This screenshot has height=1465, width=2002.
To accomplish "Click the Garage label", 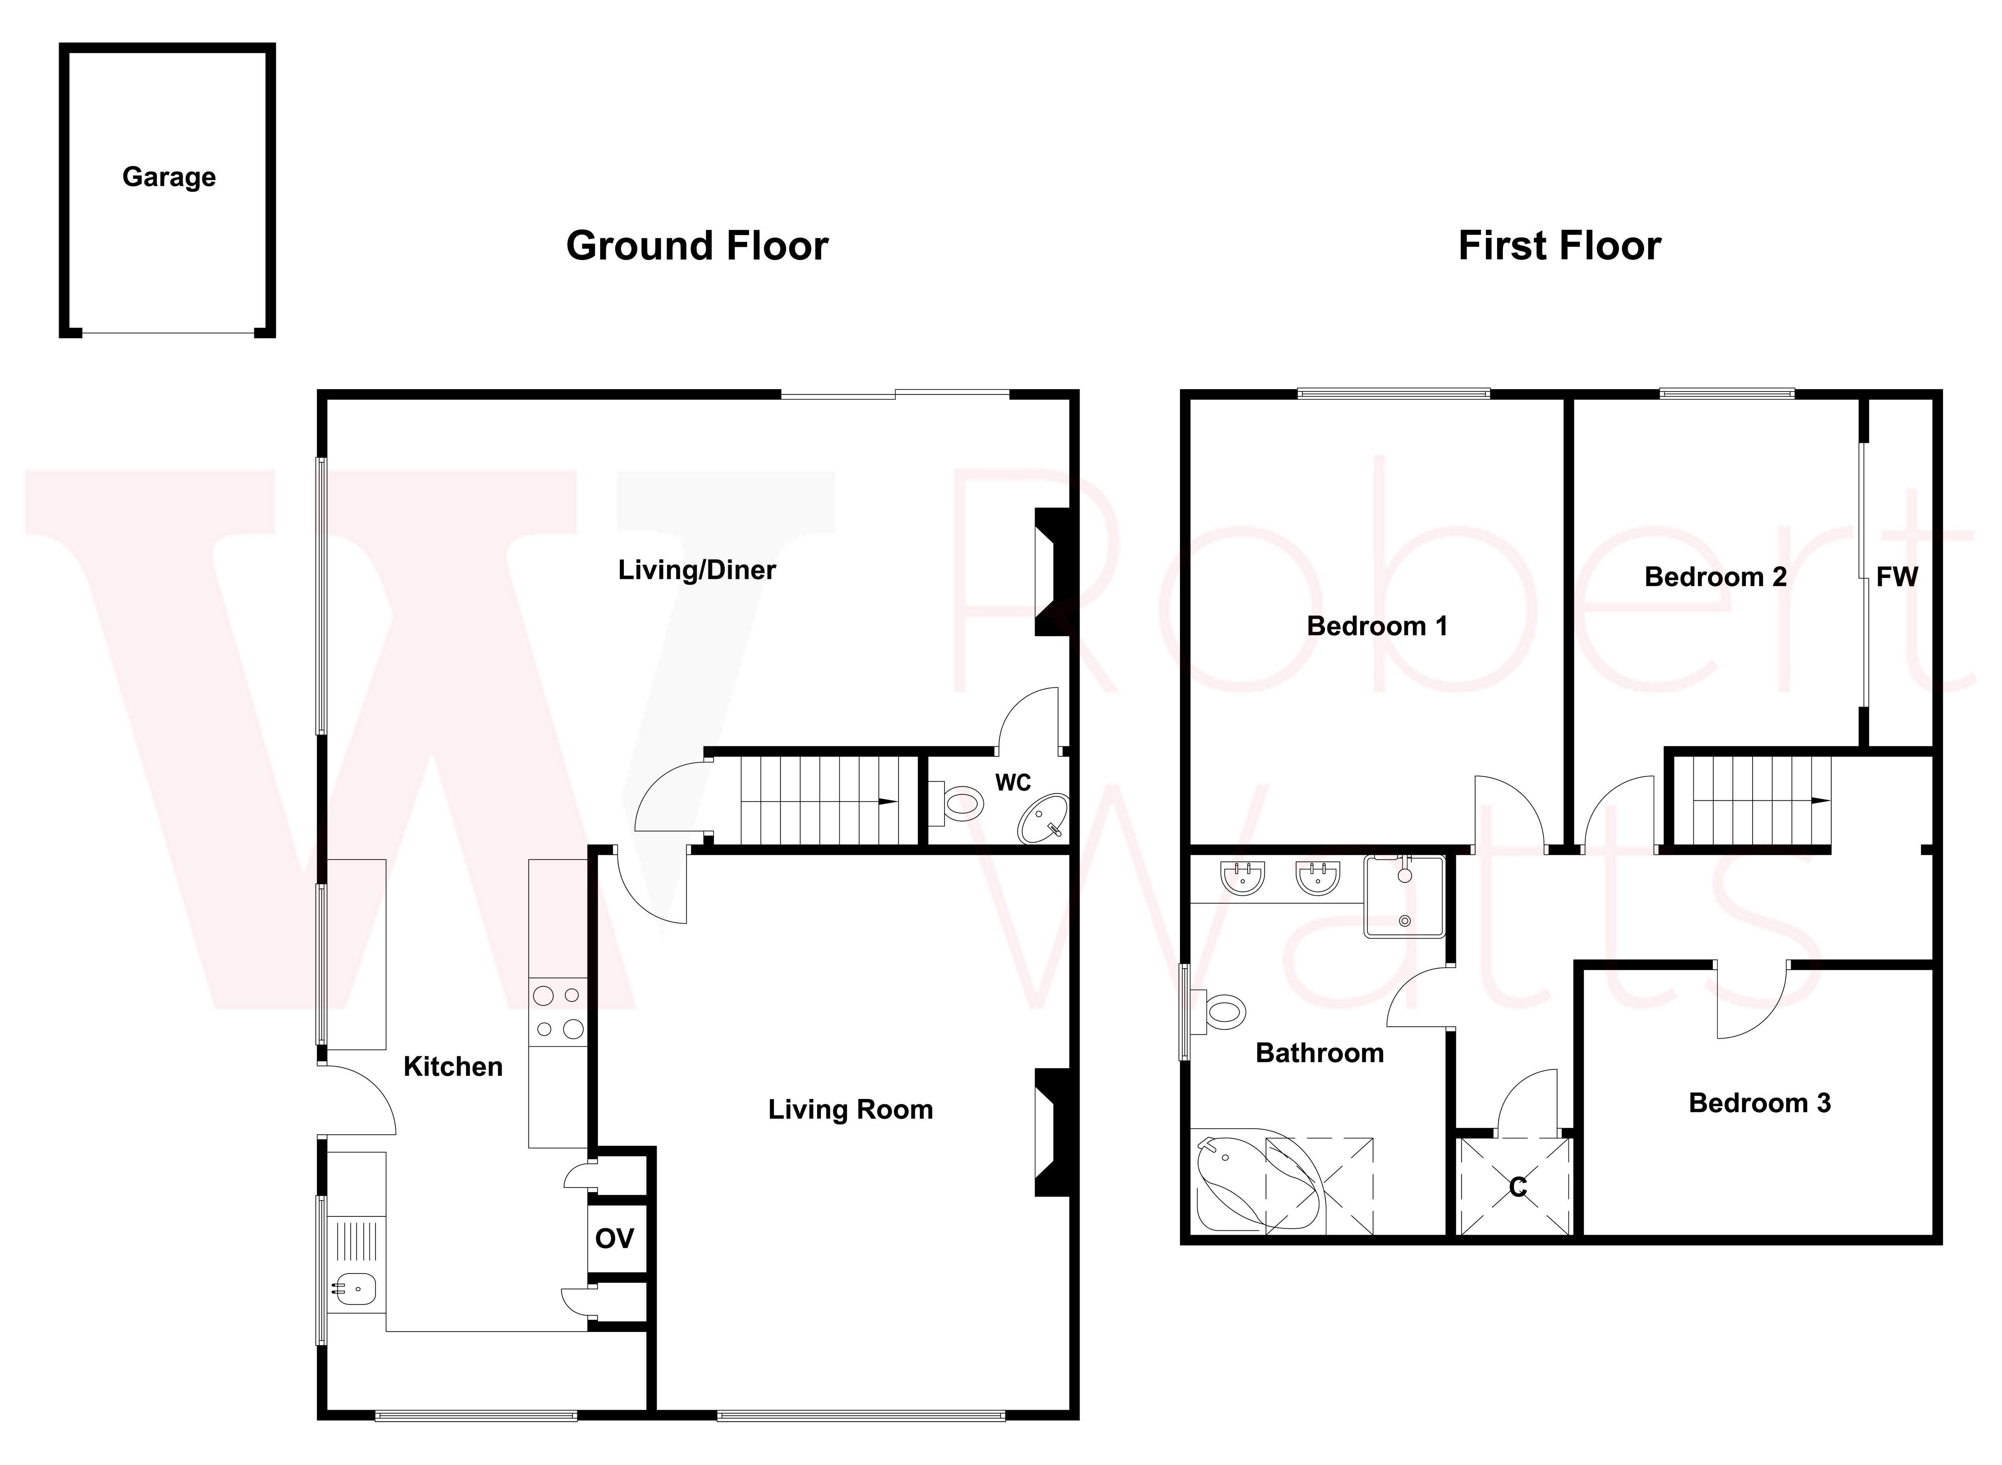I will coord(169,177).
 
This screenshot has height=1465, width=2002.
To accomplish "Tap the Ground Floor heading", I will coord(697,246).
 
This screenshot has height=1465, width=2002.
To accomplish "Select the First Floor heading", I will coord(1559,246).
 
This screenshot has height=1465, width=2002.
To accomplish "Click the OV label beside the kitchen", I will coord(615,1238).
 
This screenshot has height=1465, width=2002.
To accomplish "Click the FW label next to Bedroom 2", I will coord(1896,577).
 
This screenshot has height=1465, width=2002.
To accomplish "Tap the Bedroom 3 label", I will coord(1759,1103).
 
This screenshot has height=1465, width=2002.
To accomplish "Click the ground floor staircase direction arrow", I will coord(886,801).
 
